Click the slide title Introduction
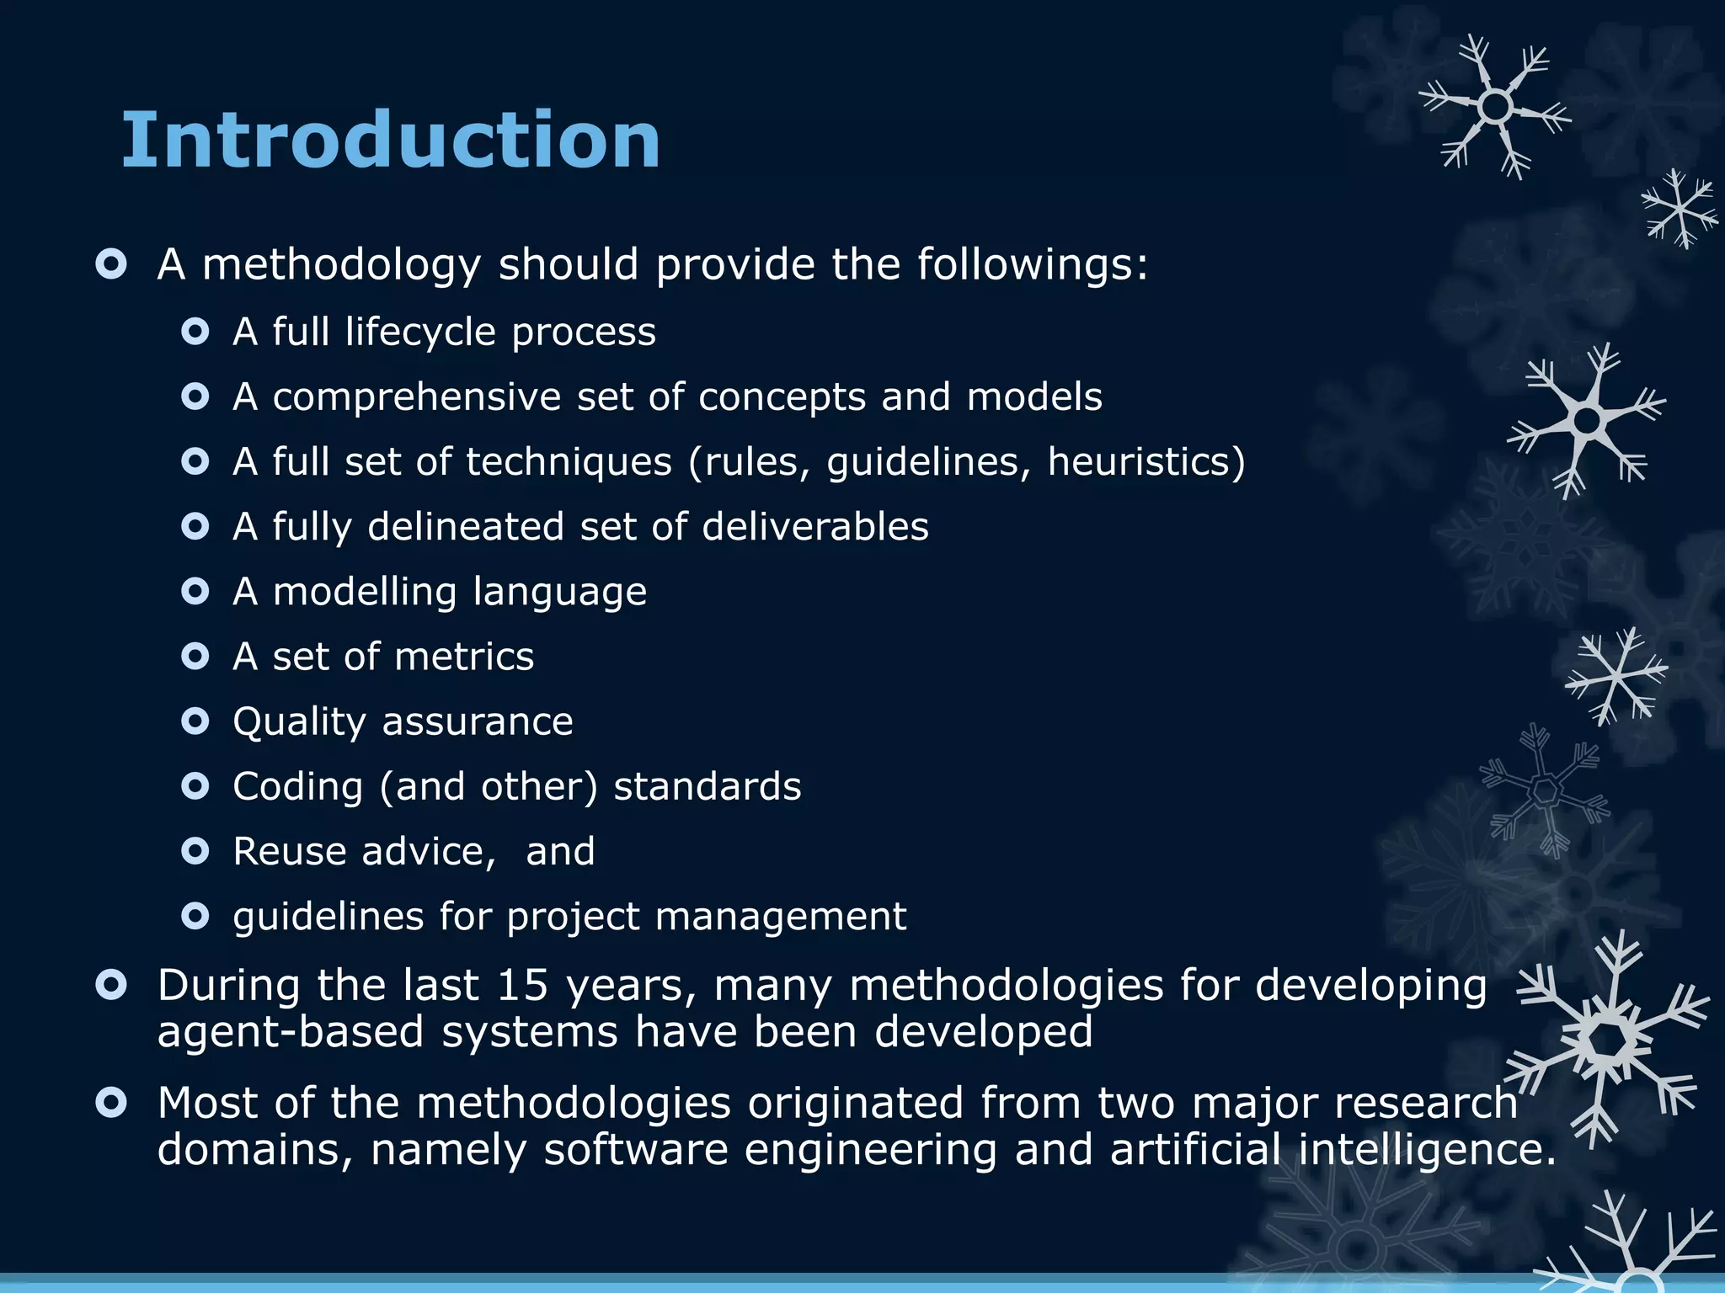[391, 140]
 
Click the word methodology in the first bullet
[341, 266]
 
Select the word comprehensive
[416, 397]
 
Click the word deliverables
[814, 527]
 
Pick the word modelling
[365, 592]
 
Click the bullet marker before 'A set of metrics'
[195, 657]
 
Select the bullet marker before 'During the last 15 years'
[111, 984]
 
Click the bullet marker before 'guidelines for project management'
[195, 916]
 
